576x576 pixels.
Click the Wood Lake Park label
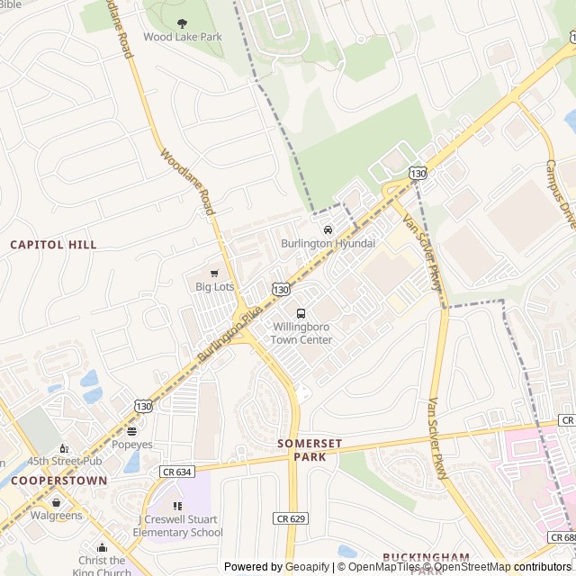point(182,38)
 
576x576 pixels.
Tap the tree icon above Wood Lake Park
point(182,24)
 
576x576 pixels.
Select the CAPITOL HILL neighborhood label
point(53,245)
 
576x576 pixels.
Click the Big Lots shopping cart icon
point(214,274)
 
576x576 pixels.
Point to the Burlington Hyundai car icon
point(328,230)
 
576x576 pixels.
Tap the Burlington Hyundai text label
point(328,244)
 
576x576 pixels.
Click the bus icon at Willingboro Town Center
point(301,313)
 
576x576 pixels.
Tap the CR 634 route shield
point(177,471)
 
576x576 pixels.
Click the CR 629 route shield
point(286,517)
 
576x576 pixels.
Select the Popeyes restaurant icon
point(132,431)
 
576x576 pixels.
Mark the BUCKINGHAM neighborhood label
point(426,557)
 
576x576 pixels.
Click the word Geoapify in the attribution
point(306,567)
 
